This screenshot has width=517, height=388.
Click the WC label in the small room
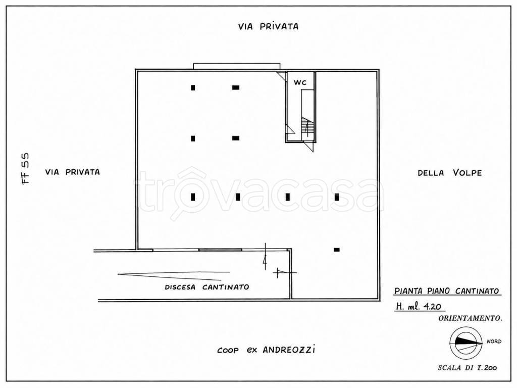point(300,82)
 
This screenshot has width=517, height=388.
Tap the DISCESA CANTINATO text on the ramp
point(207,287)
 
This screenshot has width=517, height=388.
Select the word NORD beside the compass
point(494,342)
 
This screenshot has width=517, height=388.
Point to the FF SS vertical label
point(25,168)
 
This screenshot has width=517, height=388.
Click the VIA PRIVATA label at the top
point(269,26)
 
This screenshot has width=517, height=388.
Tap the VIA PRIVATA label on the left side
point(73,172)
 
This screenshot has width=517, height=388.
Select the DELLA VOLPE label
point(450,173)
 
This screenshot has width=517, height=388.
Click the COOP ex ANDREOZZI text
point(266,350)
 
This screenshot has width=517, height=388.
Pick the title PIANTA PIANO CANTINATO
point(447,290)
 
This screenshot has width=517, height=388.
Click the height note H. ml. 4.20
point(419,307)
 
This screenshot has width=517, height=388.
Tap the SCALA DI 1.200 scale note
point(468,368)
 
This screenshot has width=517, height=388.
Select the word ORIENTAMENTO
point(471,318)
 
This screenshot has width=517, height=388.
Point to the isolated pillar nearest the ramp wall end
point(337,250)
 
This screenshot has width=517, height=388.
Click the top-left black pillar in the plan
point(193,88)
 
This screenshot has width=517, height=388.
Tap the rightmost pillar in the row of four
point(337,197)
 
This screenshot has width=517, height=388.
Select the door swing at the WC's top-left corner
point(281,76)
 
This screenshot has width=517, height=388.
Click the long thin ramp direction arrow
point(174,274)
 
